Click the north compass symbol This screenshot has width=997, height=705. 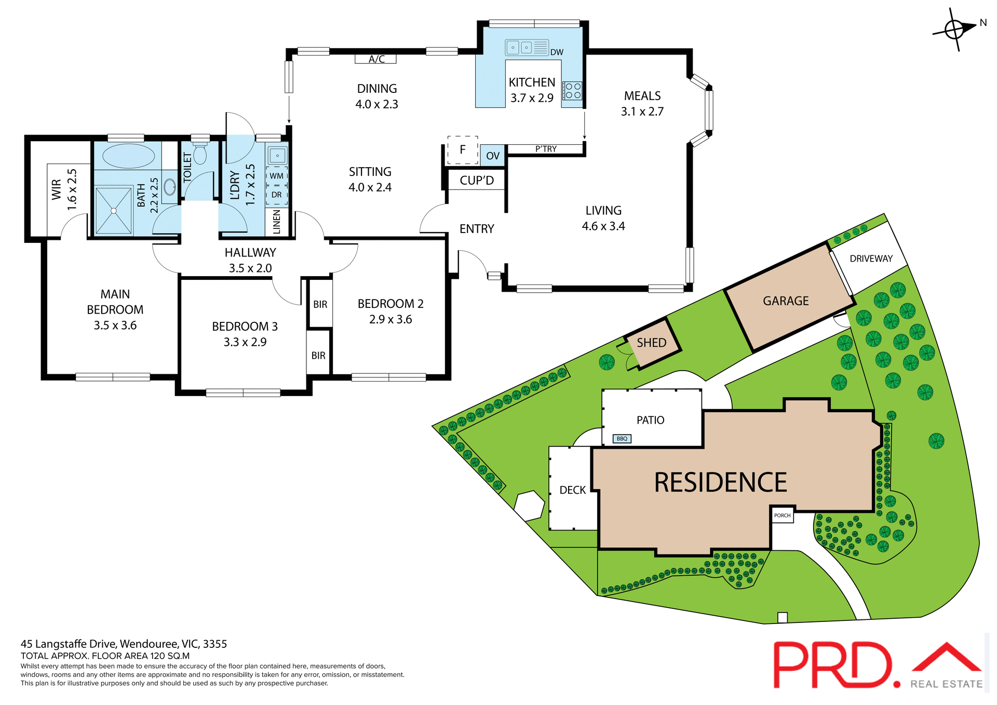pos(955,29)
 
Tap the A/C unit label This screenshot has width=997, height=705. pos(376,59)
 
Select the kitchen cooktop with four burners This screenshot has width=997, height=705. pos(573,91)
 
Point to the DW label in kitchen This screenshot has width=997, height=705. pos(557,52)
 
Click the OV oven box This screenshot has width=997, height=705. pos(492,156)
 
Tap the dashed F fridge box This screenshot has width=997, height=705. pos(463,150)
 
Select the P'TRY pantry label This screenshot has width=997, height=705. pos(546,150)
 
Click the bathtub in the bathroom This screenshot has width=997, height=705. pos(128,156)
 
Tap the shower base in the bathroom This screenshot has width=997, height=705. pos(114,210)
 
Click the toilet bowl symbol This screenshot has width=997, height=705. pos(200,154)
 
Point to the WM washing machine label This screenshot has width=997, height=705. pos(276,176)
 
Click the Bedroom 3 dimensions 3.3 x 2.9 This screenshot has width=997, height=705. pos(245,342)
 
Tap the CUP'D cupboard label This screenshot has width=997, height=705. pos(477,181)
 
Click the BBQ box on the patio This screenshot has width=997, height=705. pos(622,439)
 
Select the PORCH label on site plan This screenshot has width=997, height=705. pos(782,516)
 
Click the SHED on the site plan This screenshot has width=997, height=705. pos(652,343)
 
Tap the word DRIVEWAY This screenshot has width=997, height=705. pos(871,259)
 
